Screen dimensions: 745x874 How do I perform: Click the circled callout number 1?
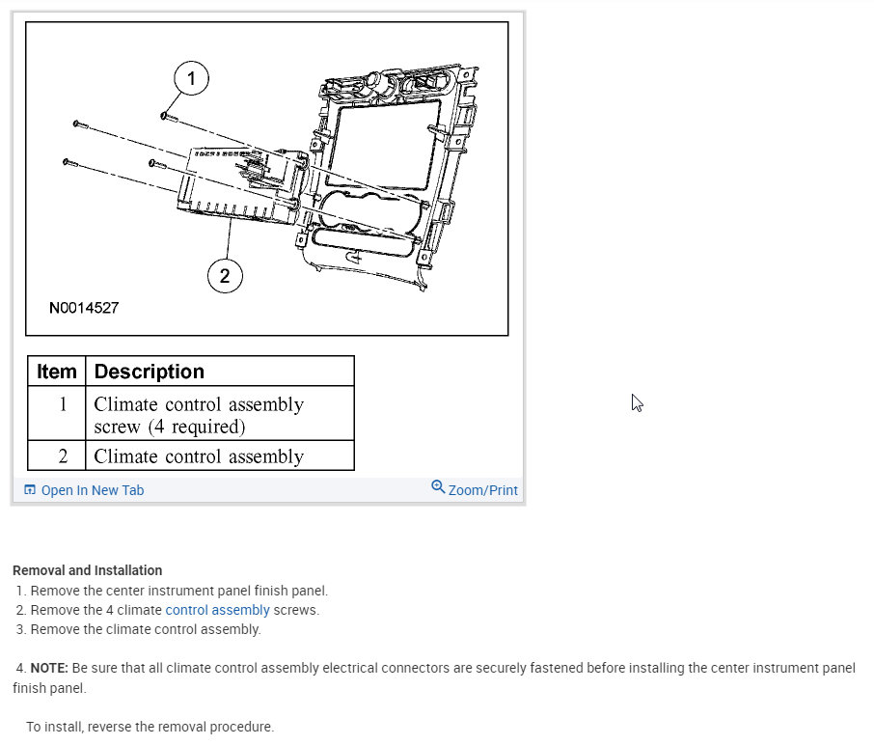(x=191, y=78)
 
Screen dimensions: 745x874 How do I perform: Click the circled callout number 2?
(x=225, y=277)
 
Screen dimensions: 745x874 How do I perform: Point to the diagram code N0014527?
(x=84, y=309)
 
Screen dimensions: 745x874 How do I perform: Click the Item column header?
(x=57, y=372)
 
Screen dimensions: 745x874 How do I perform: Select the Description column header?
(x=150, y=372)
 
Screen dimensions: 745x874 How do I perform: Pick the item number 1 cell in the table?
(x=63, y=404)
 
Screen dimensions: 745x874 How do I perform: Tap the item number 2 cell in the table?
(x=63, y=455)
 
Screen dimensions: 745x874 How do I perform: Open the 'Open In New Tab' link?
(x=92, y=490)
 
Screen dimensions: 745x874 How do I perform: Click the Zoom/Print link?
(x=482, y=490)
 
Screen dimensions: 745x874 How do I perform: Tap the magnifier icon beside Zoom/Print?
(x=438, y=487)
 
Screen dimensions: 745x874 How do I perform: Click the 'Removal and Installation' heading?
(x=87, y=570)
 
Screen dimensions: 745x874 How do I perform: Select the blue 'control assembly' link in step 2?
(x=217, y=610)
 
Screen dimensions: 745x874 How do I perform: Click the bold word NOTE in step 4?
(x=47, y=668)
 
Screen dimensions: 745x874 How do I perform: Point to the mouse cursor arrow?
(x=637, y=402)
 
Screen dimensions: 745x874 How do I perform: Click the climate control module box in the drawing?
(x=236, y=183)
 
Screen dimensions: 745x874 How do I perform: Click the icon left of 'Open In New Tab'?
(x=30, y=490)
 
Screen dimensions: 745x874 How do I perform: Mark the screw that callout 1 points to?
(x=167, y=116)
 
